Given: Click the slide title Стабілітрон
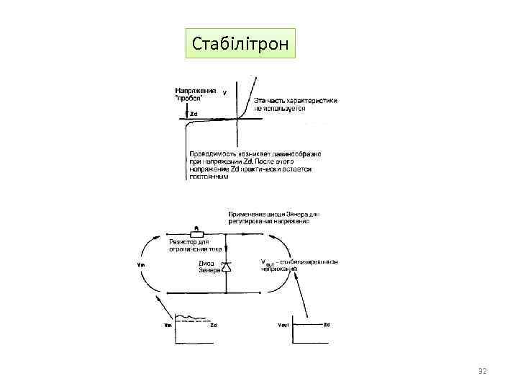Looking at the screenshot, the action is point(240,45).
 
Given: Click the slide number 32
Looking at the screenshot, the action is point(483,371).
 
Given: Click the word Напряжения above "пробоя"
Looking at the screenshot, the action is point(196,91).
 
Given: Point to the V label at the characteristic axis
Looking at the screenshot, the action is point(224,93).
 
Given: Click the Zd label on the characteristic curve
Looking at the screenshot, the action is point(193,114).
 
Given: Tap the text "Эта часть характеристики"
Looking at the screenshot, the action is point(294,101).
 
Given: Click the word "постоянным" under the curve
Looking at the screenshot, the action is point(209,177).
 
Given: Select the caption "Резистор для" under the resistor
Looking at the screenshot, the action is point(185,243).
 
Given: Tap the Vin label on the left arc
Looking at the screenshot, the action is point(140,264).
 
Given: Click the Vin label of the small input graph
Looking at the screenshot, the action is point(168,326).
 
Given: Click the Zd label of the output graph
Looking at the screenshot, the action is point(327,325).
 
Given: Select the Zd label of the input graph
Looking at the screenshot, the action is point(213,326).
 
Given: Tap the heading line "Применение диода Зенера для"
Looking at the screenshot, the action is point(274,214).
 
